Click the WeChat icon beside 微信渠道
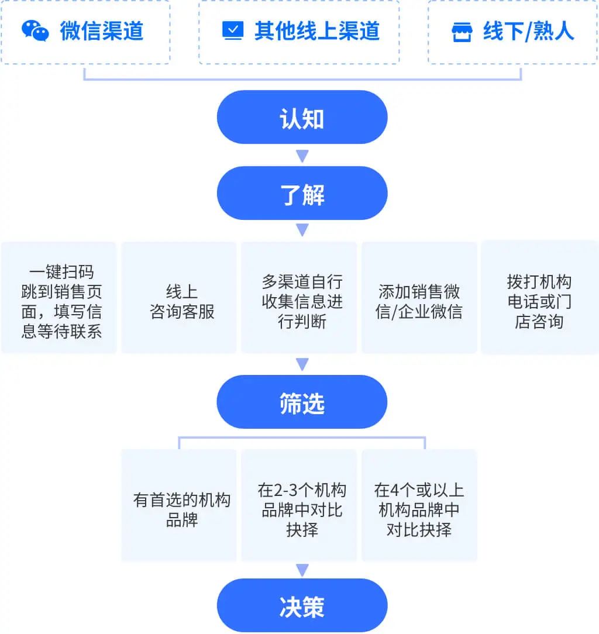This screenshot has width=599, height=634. click(x=36, y=30)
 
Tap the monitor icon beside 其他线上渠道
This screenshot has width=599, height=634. click(x=233, y=30)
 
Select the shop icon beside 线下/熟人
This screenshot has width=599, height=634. click(x=462, y=32)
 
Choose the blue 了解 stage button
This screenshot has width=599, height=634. click(x=302, y=193)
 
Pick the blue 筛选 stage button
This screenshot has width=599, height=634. click(x=302, y=402)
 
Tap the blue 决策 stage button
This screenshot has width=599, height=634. click(x=302, y=605)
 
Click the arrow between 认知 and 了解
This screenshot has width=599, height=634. click(x=302, y=156)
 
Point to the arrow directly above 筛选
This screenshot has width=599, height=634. click(x=302, y=365)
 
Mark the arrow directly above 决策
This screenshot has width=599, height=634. click(x=302, y=570)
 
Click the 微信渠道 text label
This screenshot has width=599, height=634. click(x=102, y=31)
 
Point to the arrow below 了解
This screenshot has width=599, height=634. click(x=302, y=230)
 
